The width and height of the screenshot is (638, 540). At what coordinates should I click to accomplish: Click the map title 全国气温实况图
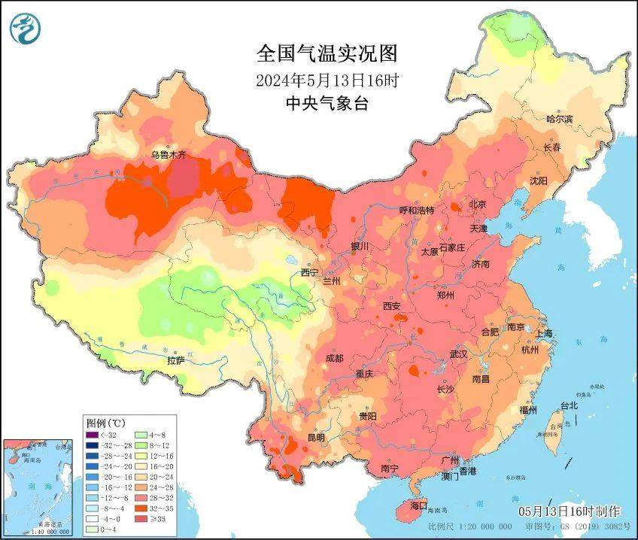coord(326,54)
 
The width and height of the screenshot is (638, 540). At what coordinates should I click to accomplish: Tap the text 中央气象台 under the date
coord(326,104)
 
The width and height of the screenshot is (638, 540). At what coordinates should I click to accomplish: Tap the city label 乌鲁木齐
coord(167,155)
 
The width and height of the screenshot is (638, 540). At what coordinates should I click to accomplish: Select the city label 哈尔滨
coord(559,119)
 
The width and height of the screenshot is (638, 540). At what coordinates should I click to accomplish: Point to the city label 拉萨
coord(176,360)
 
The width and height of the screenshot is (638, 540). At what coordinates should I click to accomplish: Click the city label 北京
coord(478,205)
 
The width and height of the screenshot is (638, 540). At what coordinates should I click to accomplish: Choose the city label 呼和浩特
coord(416,211)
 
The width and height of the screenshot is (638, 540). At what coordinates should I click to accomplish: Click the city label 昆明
coord(315,437)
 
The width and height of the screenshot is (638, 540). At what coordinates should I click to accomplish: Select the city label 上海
coord(543,333)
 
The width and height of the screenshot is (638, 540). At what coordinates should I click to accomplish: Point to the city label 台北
coord(569,406)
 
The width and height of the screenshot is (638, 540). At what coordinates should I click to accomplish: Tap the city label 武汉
coord(458,353)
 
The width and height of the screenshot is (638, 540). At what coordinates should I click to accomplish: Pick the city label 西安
coord(392,306)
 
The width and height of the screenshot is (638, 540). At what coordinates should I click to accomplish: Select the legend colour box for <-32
coord(92,434)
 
